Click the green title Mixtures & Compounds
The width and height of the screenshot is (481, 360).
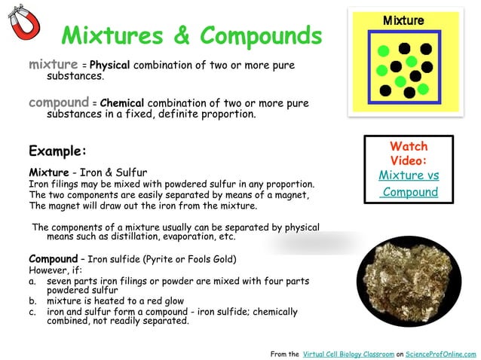191,35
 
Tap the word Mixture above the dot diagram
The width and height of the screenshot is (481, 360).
403,20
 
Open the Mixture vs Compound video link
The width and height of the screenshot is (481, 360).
409,184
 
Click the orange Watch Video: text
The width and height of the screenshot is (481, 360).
409,154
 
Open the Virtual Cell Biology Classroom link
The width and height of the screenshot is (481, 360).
348,353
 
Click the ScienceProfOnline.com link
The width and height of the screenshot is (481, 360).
440,353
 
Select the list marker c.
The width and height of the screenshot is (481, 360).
32,311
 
